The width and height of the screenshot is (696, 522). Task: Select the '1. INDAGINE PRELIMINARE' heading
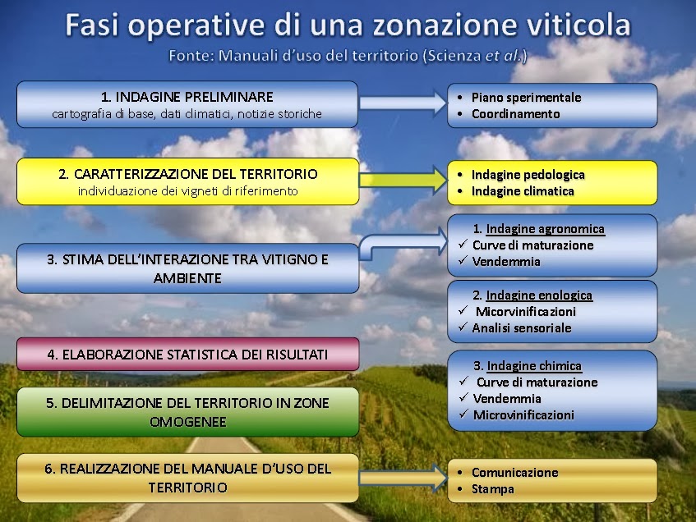click(187, 97)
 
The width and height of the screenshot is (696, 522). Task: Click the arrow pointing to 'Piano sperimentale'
click(403, 103)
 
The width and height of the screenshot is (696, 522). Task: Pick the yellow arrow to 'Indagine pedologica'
click(403, 180)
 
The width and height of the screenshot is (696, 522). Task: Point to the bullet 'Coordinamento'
click(515, 114)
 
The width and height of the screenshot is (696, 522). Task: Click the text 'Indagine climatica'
click(523, 191)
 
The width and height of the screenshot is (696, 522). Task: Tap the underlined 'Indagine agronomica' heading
click(545, 229)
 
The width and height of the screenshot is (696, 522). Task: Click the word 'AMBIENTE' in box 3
click(187, 278)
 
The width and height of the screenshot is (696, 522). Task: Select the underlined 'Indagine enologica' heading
click(539, 295)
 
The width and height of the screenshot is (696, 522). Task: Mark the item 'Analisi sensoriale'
click(522, 328)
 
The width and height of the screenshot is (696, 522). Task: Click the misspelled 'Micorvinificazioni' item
click(526, 312)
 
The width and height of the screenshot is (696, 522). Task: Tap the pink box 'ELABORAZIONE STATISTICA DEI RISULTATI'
click(187, 355)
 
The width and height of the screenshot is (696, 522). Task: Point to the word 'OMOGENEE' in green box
click(187, 422)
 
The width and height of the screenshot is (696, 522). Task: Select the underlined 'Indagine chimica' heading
click(534, 366)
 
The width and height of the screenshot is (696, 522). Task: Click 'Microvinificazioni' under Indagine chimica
click(523, 415)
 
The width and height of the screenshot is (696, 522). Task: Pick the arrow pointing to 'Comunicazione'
click(403, 478)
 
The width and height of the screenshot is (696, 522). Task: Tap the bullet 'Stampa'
click(493, 489)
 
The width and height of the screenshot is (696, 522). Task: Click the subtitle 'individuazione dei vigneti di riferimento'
click(187, 191)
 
